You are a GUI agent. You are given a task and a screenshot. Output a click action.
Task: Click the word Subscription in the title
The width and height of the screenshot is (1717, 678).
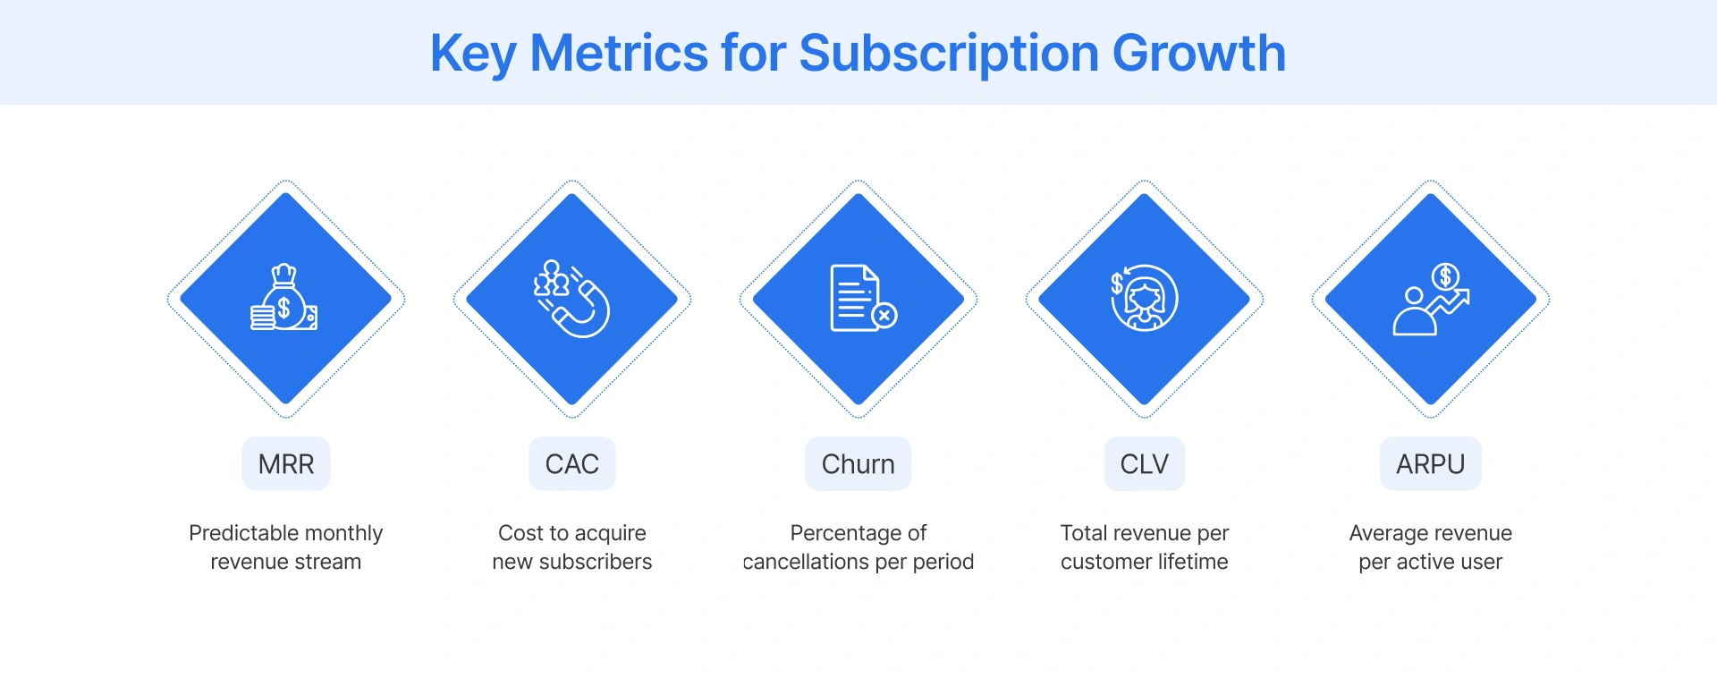tap(949, 54)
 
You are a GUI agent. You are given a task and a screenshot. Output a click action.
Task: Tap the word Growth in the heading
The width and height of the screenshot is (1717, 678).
tap(1198, 54)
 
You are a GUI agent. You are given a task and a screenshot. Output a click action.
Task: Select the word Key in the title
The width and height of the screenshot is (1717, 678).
tap(473, 54)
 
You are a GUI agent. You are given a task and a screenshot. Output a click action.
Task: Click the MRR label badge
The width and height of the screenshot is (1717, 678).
tap(286, 464)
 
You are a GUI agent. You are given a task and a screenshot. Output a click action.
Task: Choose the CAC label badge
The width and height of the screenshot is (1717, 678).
tap(572, 464)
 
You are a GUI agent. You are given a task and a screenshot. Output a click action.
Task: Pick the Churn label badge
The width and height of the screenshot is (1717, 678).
tap(858, 464)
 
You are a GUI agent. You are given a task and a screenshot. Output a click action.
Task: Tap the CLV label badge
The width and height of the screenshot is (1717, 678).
tap(1145, 464)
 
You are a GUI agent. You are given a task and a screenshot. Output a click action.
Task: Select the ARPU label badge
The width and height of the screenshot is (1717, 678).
tap(1431, 464)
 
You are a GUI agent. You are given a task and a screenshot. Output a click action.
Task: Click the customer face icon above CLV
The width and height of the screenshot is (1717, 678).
tap(1146, 299)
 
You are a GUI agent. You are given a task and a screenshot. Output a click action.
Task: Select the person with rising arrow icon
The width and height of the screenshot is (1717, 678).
tap(1429, 301)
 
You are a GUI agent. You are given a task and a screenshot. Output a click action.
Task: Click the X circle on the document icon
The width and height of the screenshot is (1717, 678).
tap(884, 315)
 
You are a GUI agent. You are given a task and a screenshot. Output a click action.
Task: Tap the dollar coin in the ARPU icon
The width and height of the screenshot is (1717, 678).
tap(1445, 277)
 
